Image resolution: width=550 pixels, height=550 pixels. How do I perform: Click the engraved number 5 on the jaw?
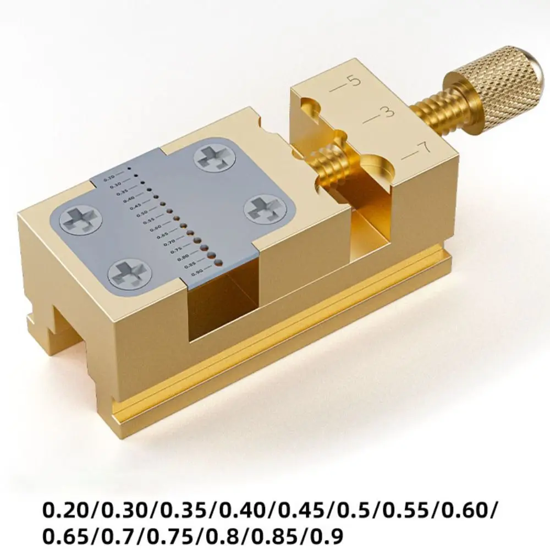click(x=355, y=81)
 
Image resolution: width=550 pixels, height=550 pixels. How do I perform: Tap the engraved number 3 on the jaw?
click(x=388, y=113)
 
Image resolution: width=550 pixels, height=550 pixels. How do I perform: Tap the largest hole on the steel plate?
click(x=218, y=263)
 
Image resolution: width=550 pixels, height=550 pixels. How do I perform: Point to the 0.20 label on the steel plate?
click(x=109, y=178)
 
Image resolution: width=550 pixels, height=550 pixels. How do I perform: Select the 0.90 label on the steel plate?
click(x=197, y=272)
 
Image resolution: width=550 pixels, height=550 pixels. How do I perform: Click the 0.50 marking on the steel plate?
click(x=141, y=213)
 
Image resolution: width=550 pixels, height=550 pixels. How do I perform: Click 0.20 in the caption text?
click(x=65, y=508)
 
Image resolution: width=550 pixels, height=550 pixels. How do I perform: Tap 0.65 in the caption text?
click(x=65, y=533)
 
